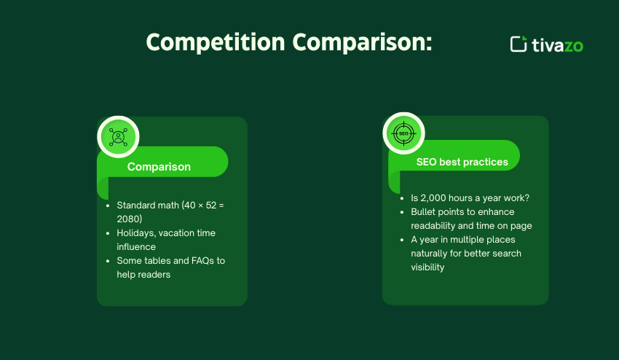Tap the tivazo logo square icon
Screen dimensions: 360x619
[x=519, y=44]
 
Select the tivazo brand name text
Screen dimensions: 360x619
[x=558, y=44]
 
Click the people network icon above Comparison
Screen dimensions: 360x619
[x=118, y=137]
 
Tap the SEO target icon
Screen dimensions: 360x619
[x=403, y=133]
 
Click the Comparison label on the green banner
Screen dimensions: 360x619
[x=159, y=167]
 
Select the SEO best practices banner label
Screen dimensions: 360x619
[x=462, y=162]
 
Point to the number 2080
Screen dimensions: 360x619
[x=130, y=219]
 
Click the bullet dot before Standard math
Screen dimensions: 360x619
[x=108, y=206]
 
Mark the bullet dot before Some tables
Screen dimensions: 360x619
[x=108, y=261]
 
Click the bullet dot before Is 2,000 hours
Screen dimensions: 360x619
[x=401, y=198]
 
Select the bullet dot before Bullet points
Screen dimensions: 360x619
[x=401, y=212]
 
